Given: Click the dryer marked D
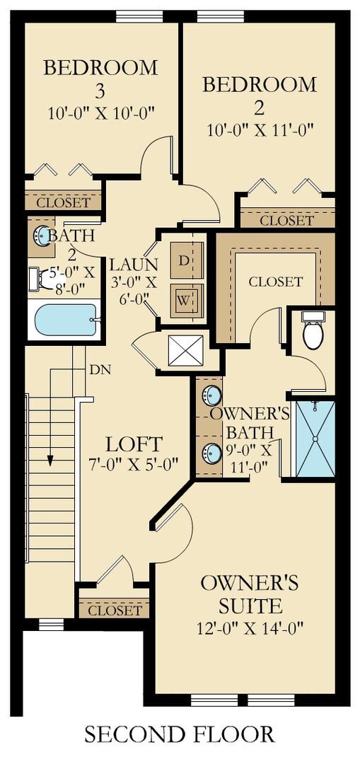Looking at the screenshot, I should [x=186, y=261].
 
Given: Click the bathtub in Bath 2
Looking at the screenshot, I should [x=66, y=320].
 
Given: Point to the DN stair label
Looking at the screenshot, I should [x=100, y=369].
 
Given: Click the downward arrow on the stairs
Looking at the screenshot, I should [x=51, y=460].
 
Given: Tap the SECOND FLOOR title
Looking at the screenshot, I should [x=179, y=734].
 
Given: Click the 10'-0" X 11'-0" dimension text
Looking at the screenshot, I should [x=260, y=130].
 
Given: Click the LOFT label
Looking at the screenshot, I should [x=134, y=445].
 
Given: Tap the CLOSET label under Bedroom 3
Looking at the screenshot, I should [x=64, y=203].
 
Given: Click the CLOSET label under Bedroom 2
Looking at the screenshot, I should [x=286, y=221].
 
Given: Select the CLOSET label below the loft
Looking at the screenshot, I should [x=115, y=610].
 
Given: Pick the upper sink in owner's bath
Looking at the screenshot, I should [x=211, y=394].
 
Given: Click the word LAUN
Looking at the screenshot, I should [x=134, y=264].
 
